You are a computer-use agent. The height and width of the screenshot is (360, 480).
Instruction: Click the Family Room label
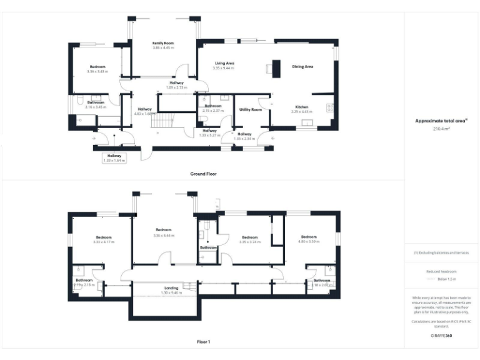(163, 42)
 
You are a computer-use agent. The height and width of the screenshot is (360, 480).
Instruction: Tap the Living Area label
(224, 63)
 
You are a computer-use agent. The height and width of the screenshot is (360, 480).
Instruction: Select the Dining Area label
(303, 66)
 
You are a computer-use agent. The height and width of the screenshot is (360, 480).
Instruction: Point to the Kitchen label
(302, 107)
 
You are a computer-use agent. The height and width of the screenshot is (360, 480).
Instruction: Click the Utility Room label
(250, 109)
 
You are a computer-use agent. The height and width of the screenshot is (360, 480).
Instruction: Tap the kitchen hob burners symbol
(329, 107)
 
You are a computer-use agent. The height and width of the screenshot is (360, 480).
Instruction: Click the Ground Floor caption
(203, 173)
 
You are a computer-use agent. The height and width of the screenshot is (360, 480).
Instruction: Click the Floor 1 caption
(203, 342)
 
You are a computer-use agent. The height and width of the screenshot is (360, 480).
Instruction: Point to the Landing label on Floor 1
(171, 288)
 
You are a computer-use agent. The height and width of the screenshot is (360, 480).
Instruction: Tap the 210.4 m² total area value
(442, 129)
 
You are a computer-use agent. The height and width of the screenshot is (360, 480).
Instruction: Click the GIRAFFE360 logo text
(442, 336)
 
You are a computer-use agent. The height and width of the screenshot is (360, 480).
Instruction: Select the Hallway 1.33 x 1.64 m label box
(114, 157)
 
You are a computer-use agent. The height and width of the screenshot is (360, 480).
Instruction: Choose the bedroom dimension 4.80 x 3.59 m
(309, 241)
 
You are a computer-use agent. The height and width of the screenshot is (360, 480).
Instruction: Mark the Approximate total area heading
(441, 121)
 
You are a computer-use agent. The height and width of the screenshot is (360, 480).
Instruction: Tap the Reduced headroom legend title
(442, 272)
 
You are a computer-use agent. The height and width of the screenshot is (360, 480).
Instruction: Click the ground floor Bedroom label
(97, 66)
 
